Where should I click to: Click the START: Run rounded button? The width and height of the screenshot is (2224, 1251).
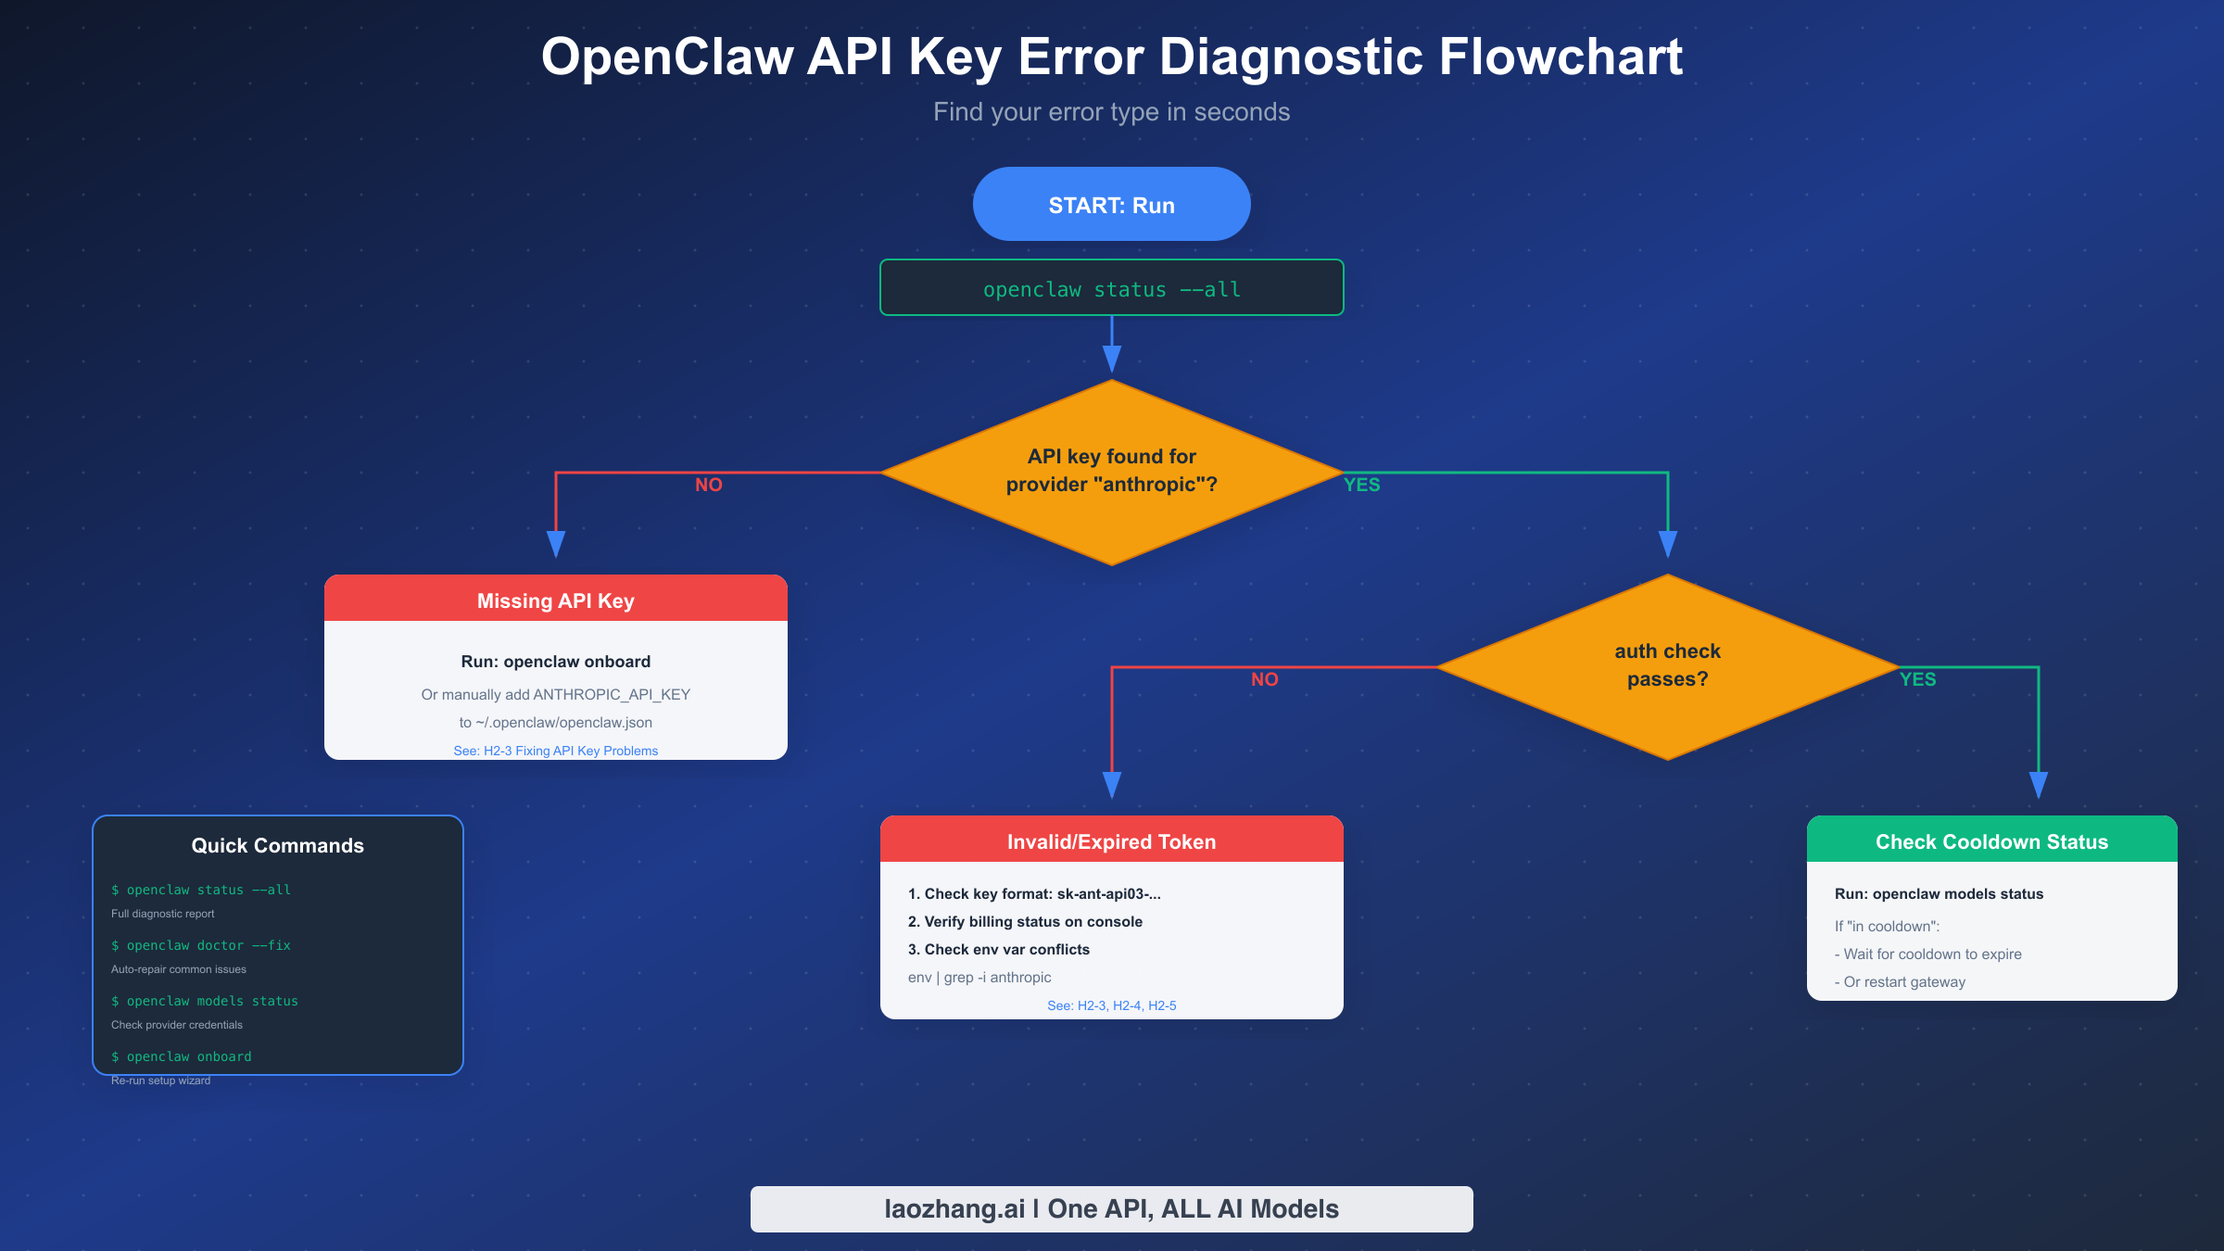coord(1111,205)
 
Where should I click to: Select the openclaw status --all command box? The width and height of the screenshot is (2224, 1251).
coord(1111,289)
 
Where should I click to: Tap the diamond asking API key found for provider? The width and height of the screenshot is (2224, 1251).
coord(1111,471)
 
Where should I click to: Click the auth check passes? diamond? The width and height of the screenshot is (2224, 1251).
coord(1667,665)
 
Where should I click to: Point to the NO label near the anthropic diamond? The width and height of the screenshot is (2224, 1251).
coord(708,485)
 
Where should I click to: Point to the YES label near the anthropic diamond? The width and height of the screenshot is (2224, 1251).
coord(1361,485)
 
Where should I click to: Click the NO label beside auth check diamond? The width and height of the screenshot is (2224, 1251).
coord(1264,679)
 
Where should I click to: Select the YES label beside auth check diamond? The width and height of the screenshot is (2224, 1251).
coord(1917,679)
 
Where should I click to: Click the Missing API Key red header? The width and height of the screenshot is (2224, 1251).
coord(555,600)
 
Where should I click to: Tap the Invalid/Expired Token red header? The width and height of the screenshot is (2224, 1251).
coord(1111,840)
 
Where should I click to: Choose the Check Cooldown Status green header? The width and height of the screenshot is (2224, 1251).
coord(1991,840)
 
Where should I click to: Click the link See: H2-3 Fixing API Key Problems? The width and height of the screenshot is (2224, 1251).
coord(555,751)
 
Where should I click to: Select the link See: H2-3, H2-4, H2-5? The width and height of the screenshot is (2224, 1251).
coord(1111,1005)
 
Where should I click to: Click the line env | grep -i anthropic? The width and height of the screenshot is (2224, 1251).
coord(979,978)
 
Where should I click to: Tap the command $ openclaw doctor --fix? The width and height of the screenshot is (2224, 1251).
coord(201,945)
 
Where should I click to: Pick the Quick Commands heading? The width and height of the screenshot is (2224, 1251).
coord(277,845)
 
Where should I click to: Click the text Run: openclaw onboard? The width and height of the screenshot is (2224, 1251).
coord(555,662)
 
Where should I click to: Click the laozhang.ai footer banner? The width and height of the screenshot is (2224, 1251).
coord(1111,1208)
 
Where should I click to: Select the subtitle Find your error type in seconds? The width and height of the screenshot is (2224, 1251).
coord(1111,112)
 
